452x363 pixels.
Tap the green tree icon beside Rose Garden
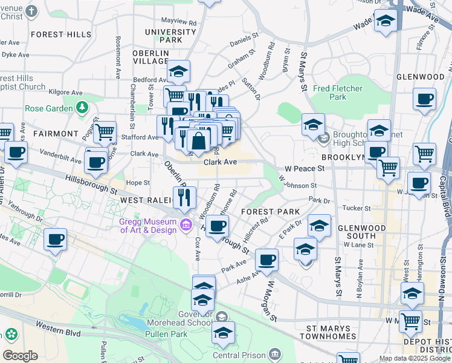click(82, 108)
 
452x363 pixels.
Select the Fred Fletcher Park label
click(338, 93)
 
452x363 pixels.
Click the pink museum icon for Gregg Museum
click(187, 226)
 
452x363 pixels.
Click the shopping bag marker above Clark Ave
click(198, 142)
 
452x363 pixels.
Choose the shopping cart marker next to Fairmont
click(105, 131)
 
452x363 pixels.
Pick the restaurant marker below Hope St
click(185, 197)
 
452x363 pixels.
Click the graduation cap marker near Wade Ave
click(385, 22)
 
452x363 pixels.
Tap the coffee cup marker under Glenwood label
click(424, 98)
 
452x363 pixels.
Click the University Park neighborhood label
click(163, 36)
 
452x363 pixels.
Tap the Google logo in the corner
click(20, 356)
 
